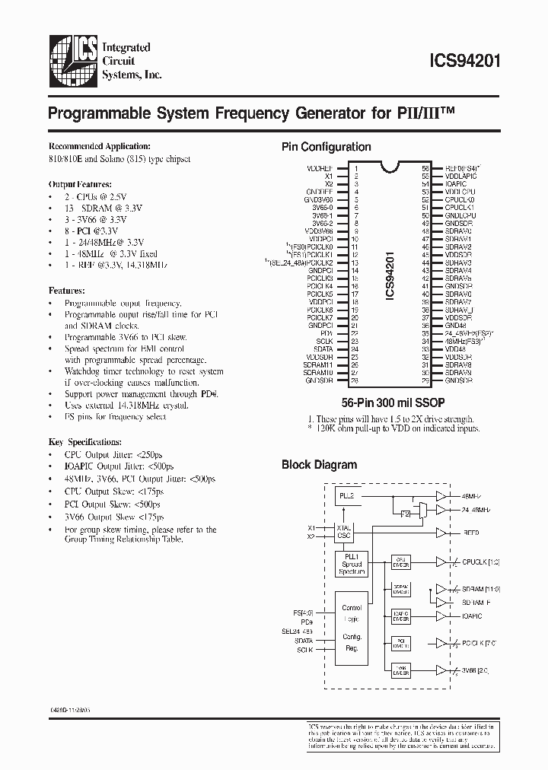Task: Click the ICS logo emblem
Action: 73,59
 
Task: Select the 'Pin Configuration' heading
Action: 327,147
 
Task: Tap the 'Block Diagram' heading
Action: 320,464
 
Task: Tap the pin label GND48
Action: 456,326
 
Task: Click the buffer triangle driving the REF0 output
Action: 441,533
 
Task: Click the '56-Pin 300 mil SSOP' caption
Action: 395,401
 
